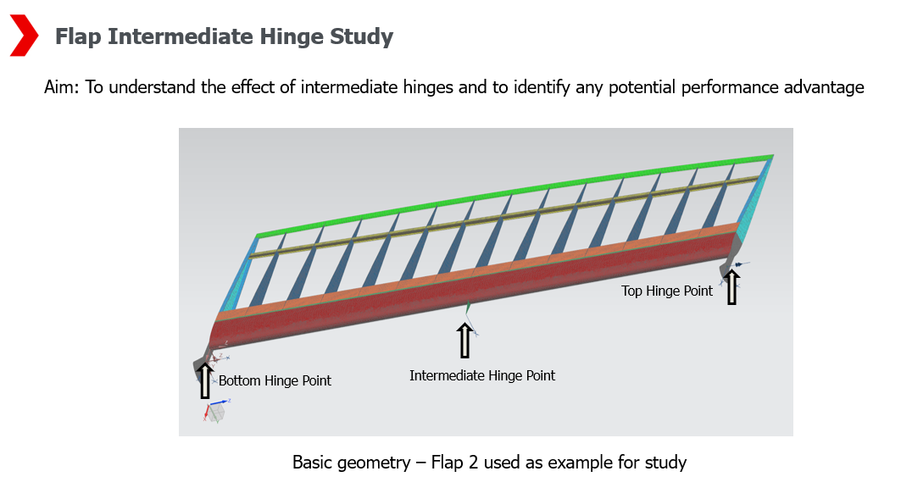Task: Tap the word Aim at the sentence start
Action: pos(60,87)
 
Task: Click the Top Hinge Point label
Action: pos(667,291)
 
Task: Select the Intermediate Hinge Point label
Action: pos(482,375)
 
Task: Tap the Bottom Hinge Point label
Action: pos(275,381)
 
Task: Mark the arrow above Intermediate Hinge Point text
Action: pos(464,341)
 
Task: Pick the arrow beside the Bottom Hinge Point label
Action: pos(204,379)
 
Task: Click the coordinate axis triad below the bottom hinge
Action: pos(215,410)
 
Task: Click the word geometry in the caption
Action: pos(377,463)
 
